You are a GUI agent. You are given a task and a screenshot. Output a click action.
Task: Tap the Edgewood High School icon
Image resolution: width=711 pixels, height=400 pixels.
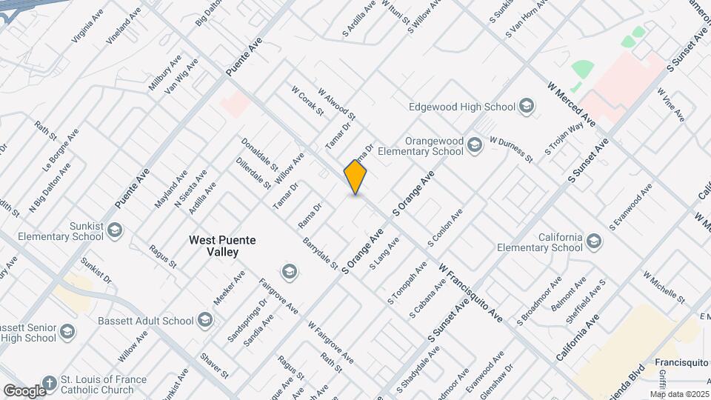click(527, 107)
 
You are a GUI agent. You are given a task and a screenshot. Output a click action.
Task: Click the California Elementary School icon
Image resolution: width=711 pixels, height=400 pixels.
click(593, 241)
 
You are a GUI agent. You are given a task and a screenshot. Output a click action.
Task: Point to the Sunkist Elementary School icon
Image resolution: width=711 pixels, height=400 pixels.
click(114, 231)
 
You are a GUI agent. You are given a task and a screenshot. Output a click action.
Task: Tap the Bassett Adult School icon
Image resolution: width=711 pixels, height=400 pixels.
click(205, 321)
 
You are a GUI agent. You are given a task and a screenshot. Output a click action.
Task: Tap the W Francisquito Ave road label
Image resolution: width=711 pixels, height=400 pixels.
click(470, 293)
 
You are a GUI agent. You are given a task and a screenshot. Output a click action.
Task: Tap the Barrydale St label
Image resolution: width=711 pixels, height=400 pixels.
click(320, 253)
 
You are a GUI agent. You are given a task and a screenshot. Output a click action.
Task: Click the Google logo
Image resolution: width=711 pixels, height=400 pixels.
click(24, 390)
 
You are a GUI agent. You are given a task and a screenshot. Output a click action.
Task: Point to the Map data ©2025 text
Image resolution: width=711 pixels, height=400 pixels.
click(679, 394)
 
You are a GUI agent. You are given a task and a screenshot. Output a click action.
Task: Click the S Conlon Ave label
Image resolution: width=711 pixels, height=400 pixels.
click(445, 228)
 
